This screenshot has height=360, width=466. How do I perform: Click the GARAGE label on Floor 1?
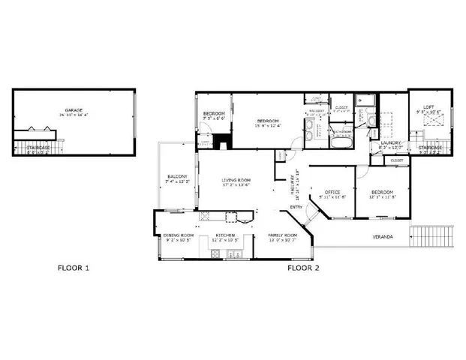point(73,109)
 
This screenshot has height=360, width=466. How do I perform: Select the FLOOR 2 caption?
point(304,267)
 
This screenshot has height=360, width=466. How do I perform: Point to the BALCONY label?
point(177,177)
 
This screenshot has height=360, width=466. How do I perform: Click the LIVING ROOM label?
point(236,180)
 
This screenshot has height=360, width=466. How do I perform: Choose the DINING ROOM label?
point(178,235)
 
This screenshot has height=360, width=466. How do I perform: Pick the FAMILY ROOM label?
point(283,235)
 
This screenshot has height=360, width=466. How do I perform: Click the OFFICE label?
point(332,193)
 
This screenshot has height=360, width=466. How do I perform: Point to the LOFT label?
point(428,107)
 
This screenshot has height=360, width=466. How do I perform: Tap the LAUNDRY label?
point(391,142)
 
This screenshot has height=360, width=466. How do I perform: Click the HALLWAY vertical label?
point(293,181)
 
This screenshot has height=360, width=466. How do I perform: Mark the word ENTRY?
point(296,208)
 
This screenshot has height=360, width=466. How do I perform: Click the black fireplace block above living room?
point(222,141)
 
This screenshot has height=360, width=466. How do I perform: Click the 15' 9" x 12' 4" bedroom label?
point(268,121)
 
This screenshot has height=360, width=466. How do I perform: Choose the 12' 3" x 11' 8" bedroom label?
point(383,193)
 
